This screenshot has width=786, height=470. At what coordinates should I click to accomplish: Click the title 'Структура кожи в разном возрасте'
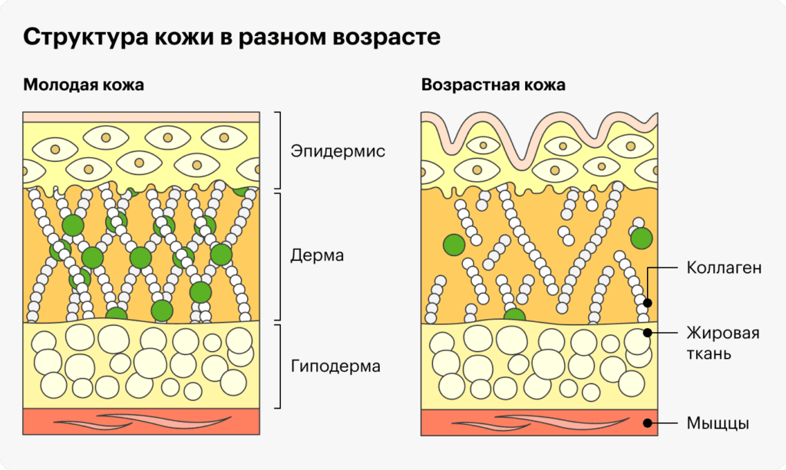pos(232,37)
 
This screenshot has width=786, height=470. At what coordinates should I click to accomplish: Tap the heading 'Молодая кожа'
pos(83,84)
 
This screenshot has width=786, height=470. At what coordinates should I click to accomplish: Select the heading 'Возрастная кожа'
pos(494,84)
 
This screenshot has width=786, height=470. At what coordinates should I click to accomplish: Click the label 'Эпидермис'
pos(338,150)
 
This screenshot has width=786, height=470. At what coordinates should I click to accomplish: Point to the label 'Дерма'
pos(317,255)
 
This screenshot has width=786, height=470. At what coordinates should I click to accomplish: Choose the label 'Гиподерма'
pos(336,366)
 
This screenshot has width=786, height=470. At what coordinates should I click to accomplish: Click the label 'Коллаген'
pos(724,268)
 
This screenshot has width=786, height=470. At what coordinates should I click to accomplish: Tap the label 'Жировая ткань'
pos(723,343)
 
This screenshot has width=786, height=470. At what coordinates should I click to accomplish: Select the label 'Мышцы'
pos(718,423)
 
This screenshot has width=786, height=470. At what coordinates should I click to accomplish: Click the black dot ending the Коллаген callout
pos(648,303)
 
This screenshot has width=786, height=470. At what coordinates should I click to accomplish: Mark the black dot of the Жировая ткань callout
pos(648,332)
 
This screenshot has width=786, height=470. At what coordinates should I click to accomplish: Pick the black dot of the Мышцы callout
pos(648,423)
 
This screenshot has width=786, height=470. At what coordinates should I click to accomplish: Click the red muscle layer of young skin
pos(141,422)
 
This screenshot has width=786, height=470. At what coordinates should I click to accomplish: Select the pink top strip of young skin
pos(141,117)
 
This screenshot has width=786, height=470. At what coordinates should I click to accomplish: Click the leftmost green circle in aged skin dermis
pos(454,245)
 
